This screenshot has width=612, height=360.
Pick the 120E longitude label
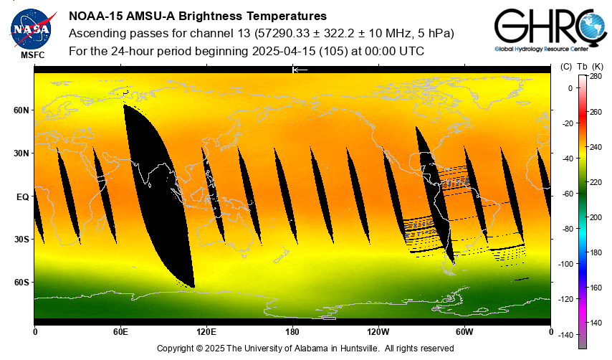click(x=206, y=332)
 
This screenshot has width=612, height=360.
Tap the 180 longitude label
click(x=292, y=332)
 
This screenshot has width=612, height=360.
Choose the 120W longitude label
click(x=378, y=332)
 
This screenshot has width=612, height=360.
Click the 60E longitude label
click(x=120, y=332)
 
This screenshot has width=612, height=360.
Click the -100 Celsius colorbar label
click(x=568, y=264)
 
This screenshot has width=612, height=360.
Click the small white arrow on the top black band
click(x=300, y=70)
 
